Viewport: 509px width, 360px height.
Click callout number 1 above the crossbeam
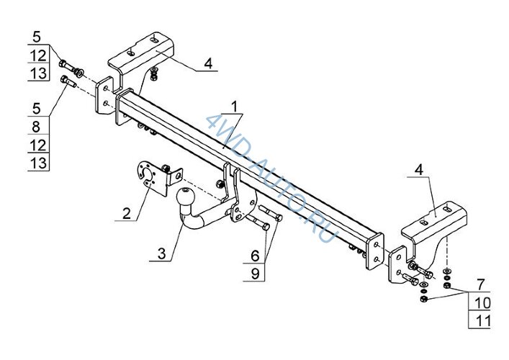[x=235, y=107]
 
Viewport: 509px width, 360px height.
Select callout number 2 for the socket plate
[x=127, y=214]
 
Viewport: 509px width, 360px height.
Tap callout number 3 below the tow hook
[x=162, y=253]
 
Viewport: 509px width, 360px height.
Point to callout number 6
[x=256, y=256]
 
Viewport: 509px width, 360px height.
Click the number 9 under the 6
[x=256, y=274]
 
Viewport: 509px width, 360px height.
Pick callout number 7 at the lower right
[x=480, y=285]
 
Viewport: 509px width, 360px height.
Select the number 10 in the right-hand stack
[x=482, y=303]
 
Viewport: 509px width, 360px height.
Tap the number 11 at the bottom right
[x=483, y=321]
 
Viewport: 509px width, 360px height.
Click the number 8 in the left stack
[x=36, y=127]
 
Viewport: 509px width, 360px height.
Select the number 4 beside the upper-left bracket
[x=208, y=63]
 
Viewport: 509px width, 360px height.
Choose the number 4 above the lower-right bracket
[x=420, y=170]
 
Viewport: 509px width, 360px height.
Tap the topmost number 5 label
[x=37, y=37]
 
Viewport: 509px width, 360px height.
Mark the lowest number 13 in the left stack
[x=38, y=163]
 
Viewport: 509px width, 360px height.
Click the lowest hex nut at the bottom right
[x=423, y=299]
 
